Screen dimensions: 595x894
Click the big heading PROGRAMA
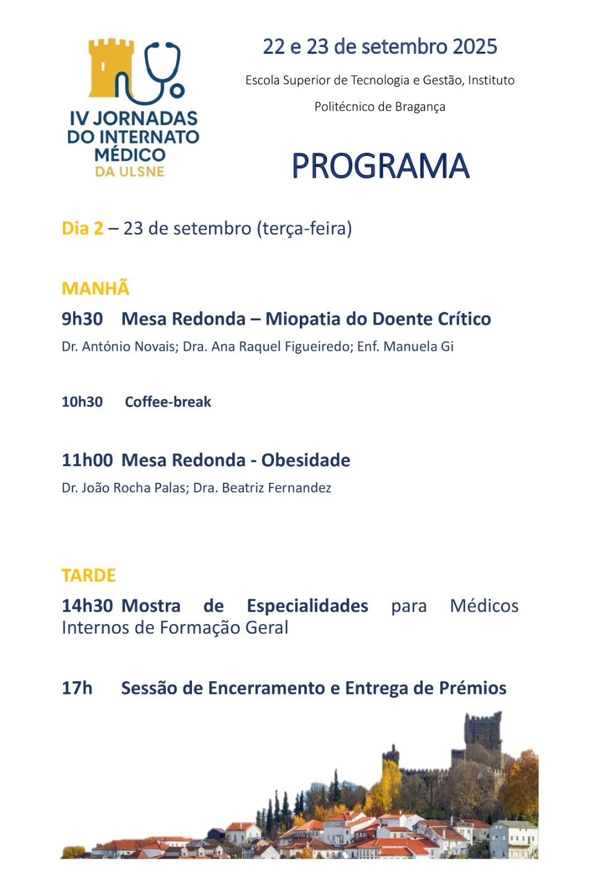click(x=381, y=165)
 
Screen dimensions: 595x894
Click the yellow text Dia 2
click(x=83, y=229)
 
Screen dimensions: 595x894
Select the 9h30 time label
click(x=82, y=319)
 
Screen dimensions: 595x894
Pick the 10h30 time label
click(x=82, y=402)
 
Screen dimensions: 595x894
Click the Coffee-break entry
click(x=168, y=402)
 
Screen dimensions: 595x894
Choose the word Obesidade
click(x=306, y=460)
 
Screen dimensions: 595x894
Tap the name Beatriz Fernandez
click(x=276, y=488)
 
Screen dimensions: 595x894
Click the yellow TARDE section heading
click(x=89, y=576)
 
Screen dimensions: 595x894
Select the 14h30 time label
click(x=87, y=606)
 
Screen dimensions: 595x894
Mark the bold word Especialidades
click(x=308, y=606)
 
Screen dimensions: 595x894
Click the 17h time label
click(x=77, y=688)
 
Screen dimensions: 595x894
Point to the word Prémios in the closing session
click(x=473, y=688)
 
